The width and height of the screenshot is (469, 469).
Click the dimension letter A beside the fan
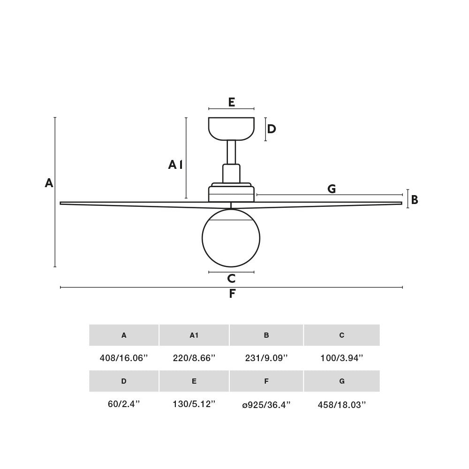click(x=49, y=183)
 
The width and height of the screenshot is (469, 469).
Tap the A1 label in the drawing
click(x=175, y=165)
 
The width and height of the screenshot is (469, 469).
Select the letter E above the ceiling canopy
click(x=231, y=102)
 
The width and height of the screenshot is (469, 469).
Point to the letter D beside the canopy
click(x=272, y=129)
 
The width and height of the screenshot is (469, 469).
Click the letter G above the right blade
click(x=332, y=189)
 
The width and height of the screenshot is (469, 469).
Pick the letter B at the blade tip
click(x=415, y=200)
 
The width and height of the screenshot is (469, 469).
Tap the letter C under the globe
click(x=231, y=279)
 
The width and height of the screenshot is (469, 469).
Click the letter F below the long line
click(x=232, y=294)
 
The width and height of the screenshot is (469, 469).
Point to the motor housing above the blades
click(x=231, y=192)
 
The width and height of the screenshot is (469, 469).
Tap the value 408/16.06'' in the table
click(x=124, y=358)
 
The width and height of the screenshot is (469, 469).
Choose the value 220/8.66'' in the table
click(x=194, y=358)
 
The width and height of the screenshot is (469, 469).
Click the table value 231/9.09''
click(x=266, y=358)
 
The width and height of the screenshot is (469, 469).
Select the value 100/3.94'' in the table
click(x=342, y=358)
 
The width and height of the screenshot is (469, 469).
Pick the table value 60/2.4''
click(x=124, y=404)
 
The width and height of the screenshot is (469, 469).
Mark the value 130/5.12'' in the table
click(x=194, y=404)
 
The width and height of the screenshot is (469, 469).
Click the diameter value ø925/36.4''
click(x=266, y=404)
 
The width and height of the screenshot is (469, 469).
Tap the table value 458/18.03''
click(x=342, y=404)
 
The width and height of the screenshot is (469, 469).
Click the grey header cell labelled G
click(x=342, y=381)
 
